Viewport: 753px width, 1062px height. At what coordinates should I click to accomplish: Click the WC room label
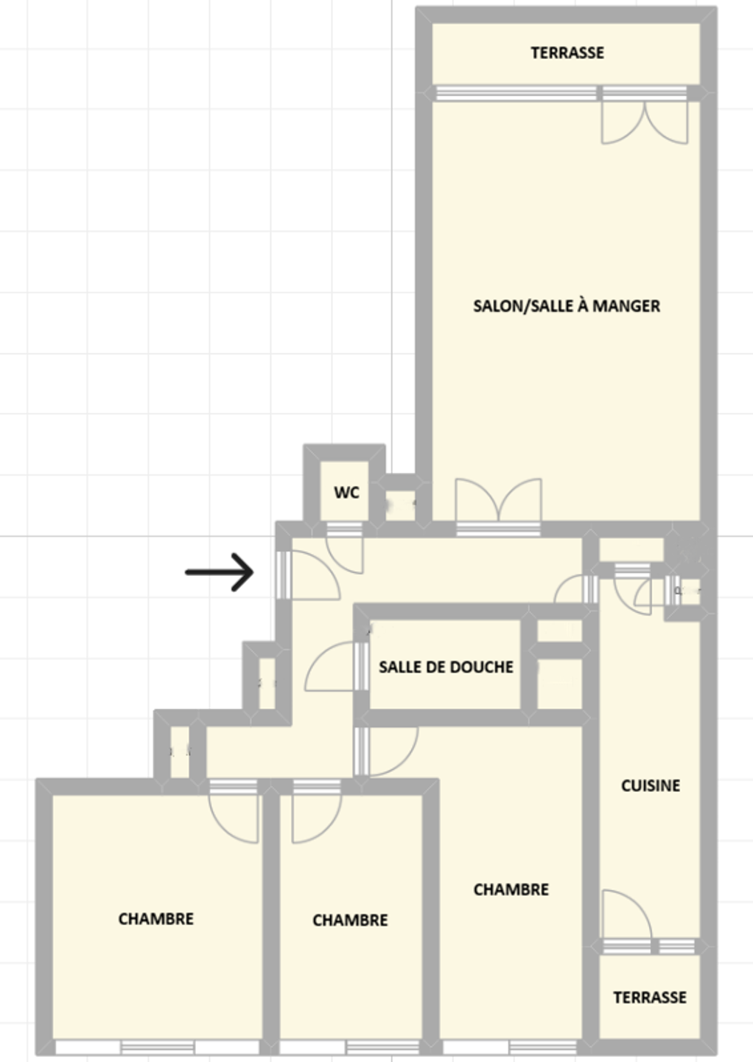(x=347, y=493)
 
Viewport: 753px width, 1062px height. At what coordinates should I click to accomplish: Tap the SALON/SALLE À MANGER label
(x=567, y=306)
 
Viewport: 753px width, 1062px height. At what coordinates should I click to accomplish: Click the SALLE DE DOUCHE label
(x=446, y=667)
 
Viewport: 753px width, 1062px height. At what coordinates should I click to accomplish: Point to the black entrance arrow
(x=220, y=572)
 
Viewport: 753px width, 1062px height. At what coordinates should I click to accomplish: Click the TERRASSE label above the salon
(x=567, y=52)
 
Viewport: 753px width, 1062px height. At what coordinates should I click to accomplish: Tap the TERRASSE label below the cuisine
(x=650, y=998)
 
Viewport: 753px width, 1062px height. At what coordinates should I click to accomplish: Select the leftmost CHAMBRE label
(x=155, y=919)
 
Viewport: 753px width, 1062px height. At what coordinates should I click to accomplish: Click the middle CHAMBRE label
(x=350, y=920)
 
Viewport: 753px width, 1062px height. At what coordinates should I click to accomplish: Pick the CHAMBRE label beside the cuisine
(x=511, y=889)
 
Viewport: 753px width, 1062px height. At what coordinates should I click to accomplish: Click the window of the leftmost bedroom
(x=157, y=1047)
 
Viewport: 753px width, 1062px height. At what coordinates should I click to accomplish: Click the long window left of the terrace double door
(x=516, y=93)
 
